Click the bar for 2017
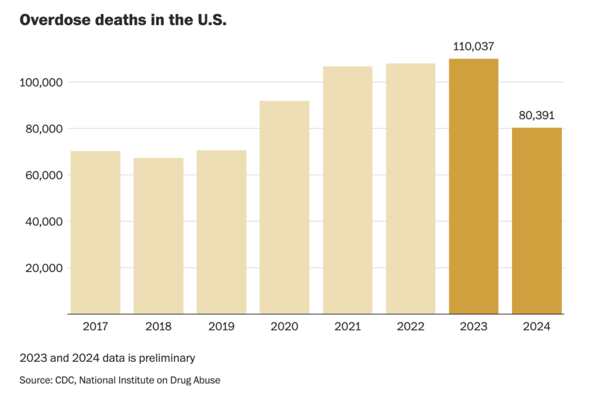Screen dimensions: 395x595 [x=95, y=232]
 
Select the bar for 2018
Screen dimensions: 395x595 [x=158, y=236]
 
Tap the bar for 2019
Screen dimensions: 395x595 [x=221, y=232]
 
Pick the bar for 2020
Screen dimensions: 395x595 [x=284, y=207]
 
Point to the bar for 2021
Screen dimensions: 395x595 [x=347, y=191]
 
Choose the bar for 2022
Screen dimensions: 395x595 [x=410, y=189]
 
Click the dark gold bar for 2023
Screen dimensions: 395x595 [x=474, y=186]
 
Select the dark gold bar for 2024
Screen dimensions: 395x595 [x=536, y=221]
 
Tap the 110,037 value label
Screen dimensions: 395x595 [x=474, y=46]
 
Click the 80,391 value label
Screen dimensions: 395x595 [x=536, y=116]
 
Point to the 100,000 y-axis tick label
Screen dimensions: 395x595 [x=41, y=82]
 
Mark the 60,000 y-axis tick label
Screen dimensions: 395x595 [x=43, y=175]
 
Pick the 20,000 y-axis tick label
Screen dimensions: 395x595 [x=43, y=268]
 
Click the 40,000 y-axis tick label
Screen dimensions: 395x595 [x=43, y=222]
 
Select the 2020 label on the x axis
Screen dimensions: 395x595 [x=284, y=326]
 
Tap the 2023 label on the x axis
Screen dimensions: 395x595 [x=474, y=326]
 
